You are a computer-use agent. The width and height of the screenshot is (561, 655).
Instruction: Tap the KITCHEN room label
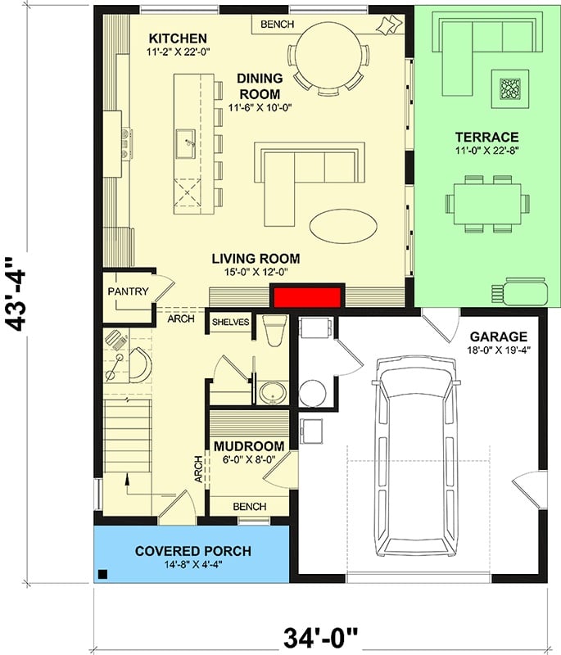177,38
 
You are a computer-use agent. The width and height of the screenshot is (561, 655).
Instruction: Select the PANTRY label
128,291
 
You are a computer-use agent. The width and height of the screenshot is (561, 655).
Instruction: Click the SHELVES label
230,323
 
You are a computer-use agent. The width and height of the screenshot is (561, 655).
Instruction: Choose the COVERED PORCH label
193,551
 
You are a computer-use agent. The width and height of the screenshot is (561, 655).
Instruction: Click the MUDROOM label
249,446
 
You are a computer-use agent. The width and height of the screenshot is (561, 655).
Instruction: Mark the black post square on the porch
102,574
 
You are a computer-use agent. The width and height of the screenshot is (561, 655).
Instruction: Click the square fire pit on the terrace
510,88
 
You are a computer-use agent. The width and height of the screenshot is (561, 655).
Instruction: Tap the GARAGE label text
498,337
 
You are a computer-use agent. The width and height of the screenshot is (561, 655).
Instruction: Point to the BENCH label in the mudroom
249,507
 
